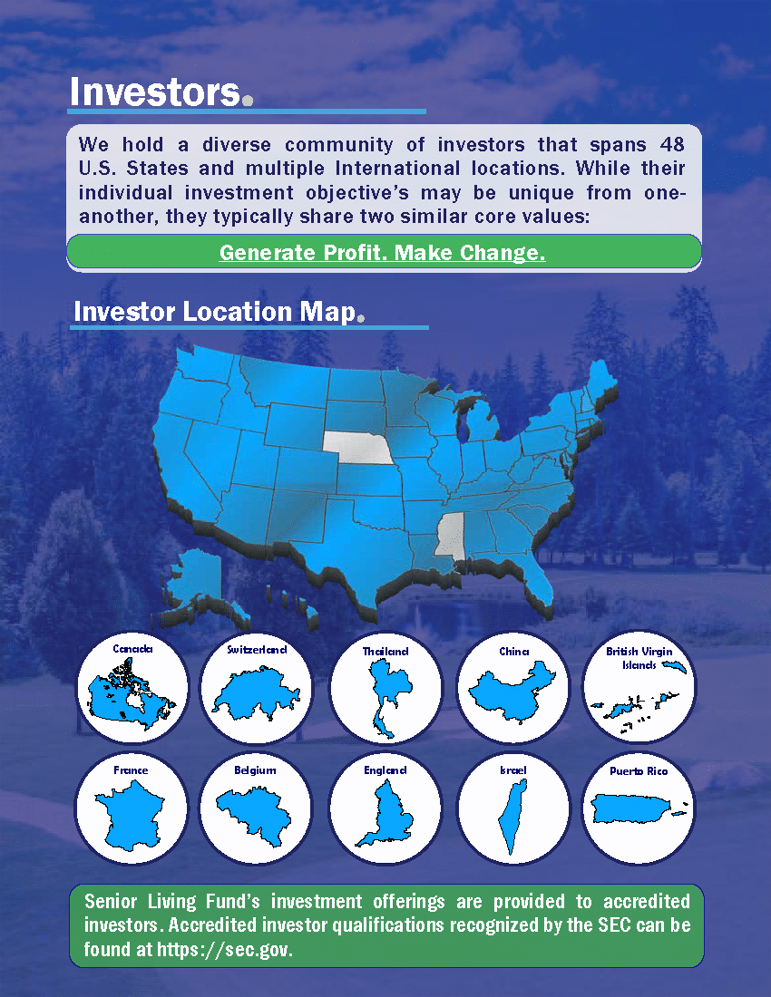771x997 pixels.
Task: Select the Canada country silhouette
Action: pos(131,693)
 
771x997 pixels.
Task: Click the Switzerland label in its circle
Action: pos(257,649)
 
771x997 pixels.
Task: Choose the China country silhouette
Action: pos(512,692)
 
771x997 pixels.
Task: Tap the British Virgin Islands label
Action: pos(639,657)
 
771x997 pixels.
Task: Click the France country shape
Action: pos(130,815)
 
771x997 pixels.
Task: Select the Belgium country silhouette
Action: pos(254,815)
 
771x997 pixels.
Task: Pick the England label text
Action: pos(385,770)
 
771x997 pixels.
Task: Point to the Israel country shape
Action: pos(513,817)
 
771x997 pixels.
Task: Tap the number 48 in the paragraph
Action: pos(672,144)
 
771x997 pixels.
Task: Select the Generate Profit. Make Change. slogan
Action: pos(382,253)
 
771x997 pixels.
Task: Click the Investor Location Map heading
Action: pos(214,312)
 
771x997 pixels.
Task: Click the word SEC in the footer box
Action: pos(614,924)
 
